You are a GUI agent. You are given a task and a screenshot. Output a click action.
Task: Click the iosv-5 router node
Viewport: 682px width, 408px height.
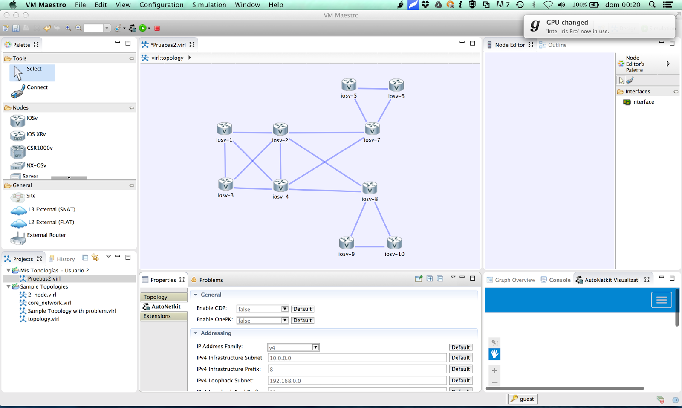click(349, 84)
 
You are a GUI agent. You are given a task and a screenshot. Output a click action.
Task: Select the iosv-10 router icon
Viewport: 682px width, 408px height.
click(394, 243)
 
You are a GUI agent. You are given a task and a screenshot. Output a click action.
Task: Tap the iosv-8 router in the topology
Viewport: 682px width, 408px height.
click(370, 188)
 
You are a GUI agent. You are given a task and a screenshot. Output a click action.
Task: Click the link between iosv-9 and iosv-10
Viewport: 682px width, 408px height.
click(370, 246)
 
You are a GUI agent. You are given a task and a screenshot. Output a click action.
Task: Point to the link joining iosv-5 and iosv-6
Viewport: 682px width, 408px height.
click(373, 89)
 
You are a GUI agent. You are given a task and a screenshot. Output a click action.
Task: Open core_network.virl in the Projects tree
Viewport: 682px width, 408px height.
click(49, 303)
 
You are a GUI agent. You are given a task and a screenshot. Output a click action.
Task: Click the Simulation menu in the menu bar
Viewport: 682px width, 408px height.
click(209, 5)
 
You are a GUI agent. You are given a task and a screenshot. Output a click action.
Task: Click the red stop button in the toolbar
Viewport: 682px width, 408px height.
click(157, 28)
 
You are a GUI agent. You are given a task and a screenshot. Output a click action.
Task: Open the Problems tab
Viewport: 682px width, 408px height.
click(211, 280)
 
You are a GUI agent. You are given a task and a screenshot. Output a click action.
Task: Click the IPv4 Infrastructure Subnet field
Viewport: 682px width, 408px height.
click(357, 358)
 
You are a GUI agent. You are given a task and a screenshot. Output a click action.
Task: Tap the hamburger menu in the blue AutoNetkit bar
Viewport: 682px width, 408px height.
click(661, 300)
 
